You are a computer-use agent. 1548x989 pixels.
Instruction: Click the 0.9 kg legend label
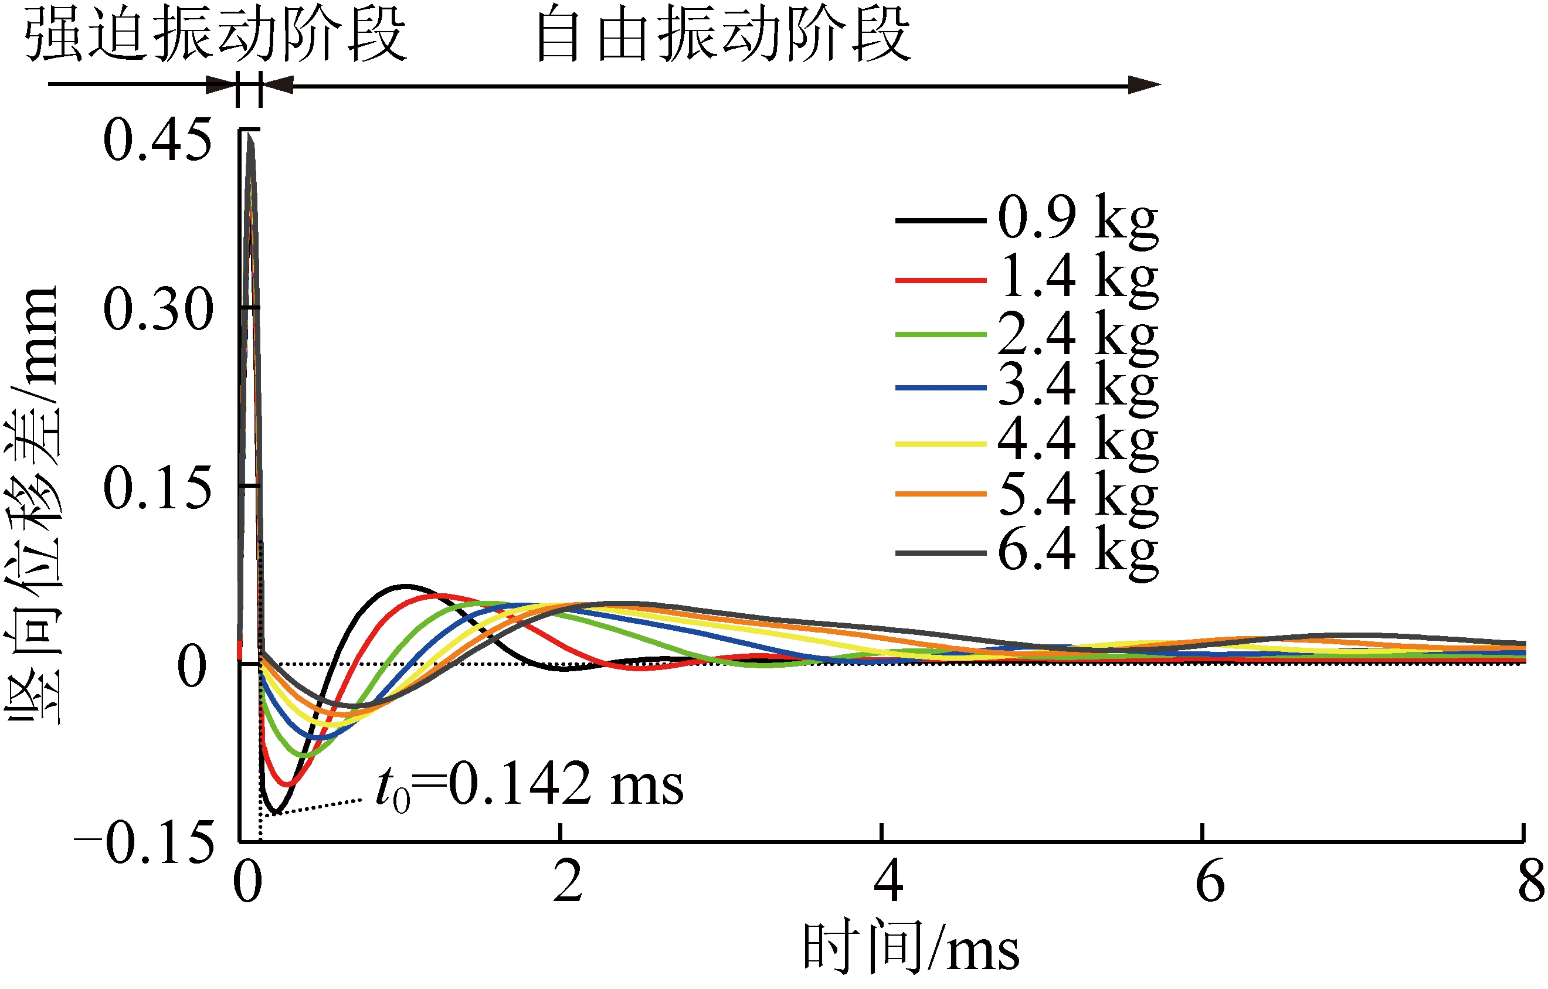click(x=1077, y=219)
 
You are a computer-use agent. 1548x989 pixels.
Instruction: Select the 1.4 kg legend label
click(x=1077, y=278)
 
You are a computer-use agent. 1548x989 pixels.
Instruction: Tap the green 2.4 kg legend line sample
click(x=941, y=334)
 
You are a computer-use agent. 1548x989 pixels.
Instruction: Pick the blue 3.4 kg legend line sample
click(x=941, y=388)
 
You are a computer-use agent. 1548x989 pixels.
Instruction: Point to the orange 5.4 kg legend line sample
click(x=941, y=494)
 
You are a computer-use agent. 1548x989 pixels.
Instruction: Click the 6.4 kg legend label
click(x=1077, y=550)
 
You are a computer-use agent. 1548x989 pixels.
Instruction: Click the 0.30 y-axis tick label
click(x=158, y=310)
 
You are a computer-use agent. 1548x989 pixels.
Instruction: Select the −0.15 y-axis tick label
click(x=144, y=842)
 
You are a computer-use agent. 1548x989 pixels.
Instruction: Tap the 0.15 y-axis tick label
click(x=158, y=488)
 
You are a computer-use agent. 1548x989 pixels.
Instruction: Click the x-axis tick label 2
click(x=568, y=882)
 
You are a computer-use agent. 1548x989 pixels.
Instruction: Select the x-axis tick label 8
click(x=1530, y=882)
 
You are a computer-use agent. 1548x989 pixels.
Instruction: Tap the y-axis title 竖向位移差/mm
click(x=32, y=504)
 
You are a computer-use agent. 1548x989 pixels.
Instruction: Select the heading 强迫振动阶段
click(x=215, y=35)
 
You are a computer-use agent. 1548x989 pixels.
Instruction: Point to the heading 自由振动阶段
click(x=722, y=35)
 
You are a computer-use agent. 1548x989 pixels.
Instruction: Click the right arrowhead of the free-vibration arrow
click(x=1144, y=85)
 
